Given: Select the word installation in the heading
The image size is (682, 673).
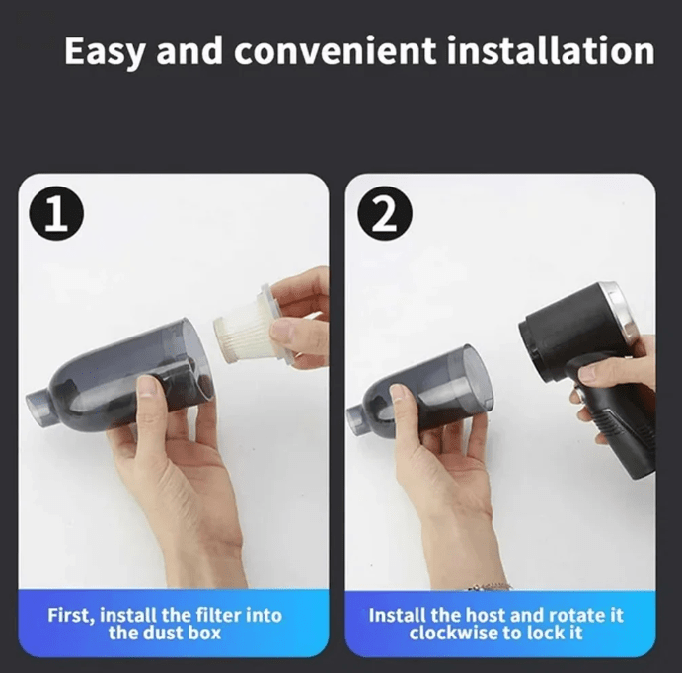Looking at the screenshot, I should [x=551, y=51].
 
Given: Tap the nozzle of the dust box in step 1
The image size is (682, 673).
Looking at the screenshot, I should [x=38, y=406].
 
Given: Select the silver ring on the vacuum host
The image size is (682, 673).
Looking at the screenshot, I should [x=617, y=307].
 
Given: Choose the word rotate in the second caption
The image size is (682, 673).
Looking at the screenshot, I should [x=576, y=616].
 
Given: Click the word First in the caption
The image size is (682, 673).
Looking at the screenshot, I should [x=70, y=616].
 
